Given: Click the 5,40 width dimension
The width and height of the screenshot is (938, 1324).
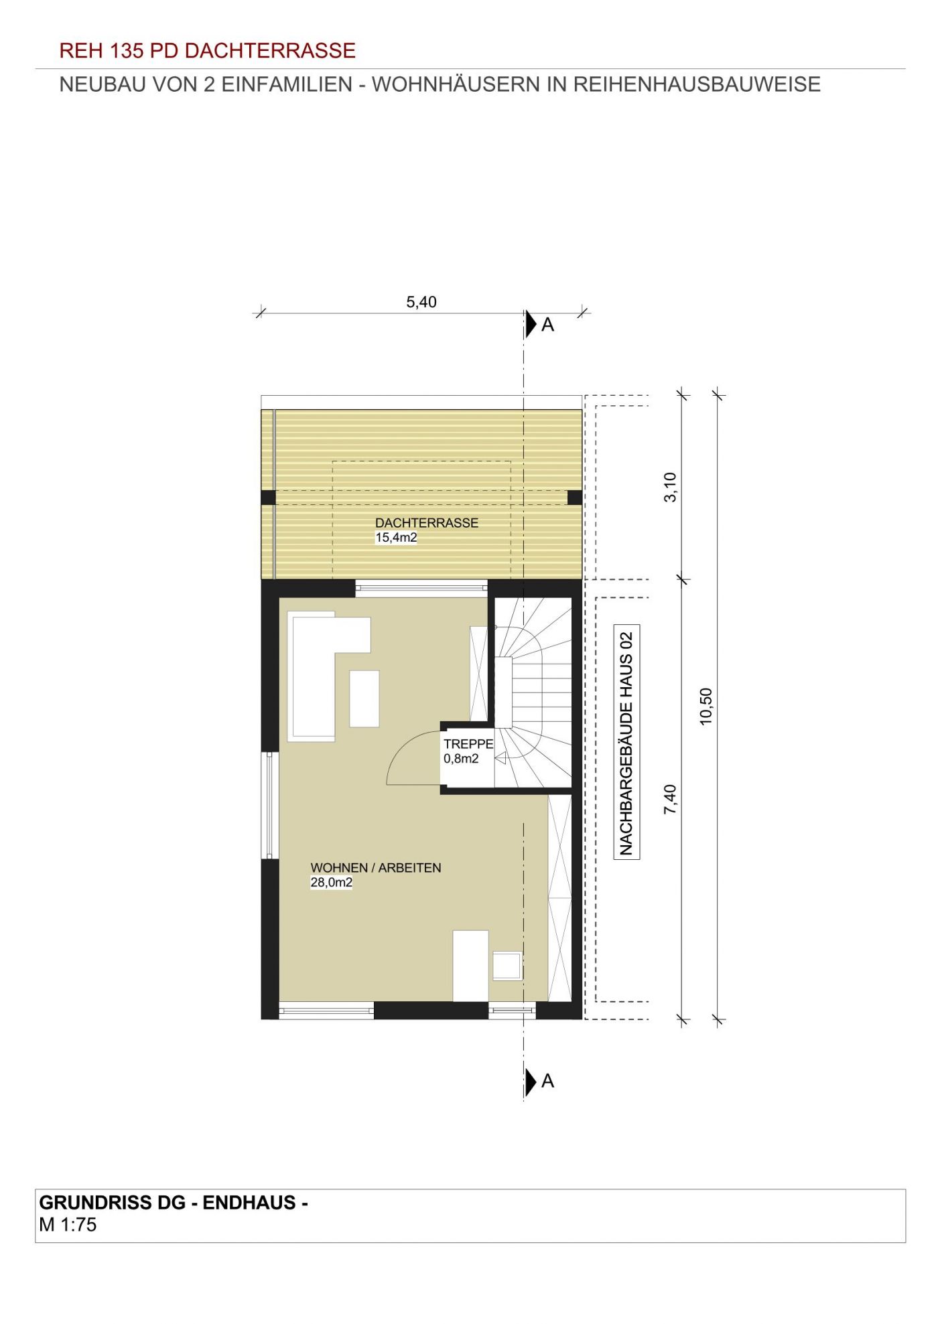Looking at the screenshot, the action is tap(421, 302).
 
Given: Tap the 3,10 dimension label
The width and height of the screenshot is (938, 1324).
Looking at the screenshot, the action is tap(671, 487).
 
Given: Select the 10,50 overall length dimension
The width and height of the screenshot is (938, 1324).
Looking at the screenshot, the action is tap(706, 707).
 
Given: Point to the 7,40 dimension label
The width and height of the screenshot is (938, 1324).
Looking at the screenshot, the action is tap(671, 800).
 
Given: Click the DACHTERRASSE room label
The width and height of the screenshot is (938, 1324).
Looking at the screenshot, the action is tap(427, 523).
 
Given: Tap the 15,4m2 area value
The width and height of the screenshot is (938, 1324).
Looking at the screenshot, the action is tap(396, 537).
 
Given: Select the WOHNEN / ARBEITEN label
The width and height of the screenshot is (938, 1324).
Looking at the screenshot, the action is tap(376, 868).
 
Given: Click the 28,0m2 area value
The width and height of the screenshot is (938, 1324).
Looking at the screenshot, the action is tap(331, 883).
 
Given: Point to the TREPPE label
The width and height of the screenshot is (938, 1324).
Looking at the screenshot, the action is tap(468, 744).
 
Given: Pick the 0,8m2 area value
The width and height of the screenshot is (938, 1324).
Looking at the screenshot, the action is tap(461, 759).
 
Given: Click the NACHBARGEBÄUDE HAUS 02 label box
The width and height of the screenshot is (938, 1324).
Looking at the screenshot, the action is tap(626, 742).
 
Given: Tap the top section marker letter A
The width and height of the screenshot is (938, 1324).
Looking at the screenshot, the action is tap(547, 325).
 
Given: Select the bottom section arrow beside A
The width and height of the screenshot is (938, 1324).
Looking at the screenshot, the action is tap(531, 1082).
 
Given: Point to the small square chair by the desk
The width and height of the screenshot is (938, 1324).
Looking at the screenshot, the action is tap(507, 966).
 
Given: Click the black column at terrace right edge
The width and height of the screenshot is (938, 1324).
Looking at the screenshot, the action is tap(575, 498).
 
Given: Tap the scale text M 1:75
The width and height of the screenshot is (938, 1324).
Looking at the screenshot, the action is tap(68, 1225).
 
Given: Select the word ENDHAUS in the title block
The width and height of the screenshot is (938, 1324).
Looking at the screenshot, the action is tap(249, 1203).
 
